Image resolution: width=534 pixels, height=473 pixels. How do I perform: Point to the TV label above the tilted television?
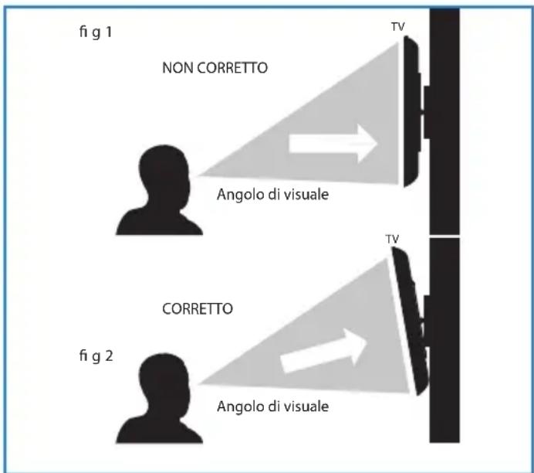(x=393, y=240)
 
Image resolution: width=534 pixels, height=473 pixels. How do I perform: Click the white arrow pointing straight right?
(x=333, y=143)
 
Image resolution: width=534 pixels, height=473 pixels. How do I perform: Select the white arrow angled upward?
(x=323, y=350)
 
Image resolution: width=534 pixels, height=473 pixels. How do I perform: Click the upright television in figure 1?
(x=410, y=114)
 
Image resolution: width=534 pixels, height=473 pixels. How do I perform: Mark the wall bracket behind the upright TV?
(x=424, y=108)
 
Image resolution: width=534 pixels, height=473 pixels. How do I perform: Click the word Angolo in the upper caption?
(x=238, y=196)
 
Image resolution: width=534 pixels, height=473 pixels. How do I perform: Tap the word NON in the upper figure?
(x=176, y=68)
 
